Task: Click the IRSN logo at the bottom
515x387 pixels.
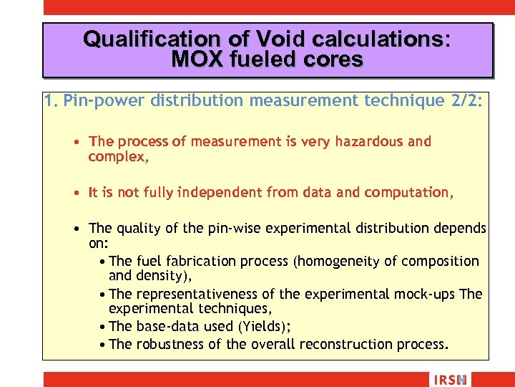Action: click(449, 379)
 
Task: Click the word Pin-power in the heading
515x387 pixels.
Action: click(104, 101)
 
